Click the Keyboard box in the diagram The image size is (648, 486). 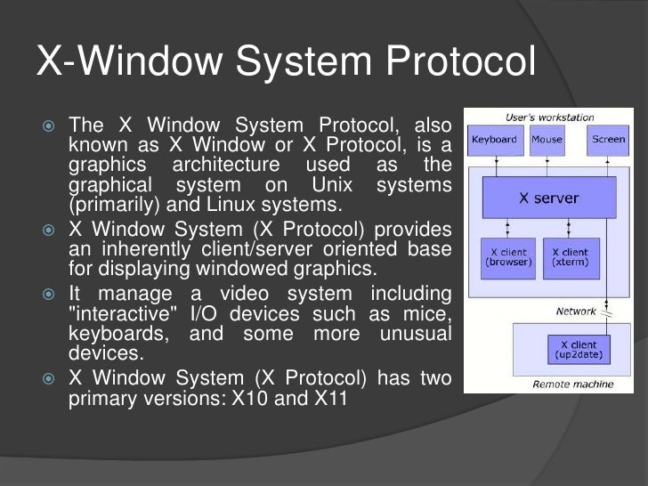495,141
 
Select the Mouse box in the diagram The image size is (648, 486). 547,141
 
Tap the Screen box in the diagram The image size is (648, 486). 608,141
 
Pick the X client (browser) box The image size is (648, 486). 507,257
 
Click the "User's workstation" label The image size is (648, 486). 549,117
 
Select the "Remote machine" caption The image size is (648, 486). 572,385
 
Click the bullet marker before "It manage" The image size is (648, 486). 51,293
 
